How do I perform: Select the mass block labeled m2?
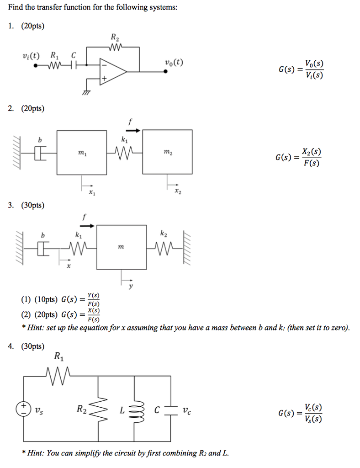[166, 152]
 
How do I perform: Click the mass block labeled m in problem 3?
[121, 247]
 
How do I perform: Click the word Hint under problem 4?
[37, 453]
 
